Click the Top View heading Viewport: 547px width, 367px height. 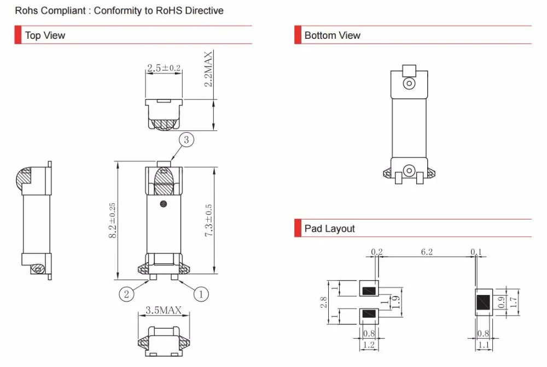pyautogui.click(x=45, y=35)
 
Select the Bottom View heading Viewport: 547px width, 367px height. pyautogui.click(x=332, y=35)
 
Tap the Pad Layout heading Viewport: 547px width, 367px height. pyautogui.click(x=329, y=228)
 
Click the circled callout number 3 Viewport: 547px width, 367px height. pyautogui.click(x=187, y=140)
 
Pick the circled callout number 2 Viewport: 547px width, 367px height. pyautogui.click(x=126, y=294)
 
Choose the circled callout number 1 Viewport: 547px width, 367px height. pyautogui.click(x=201, y=294)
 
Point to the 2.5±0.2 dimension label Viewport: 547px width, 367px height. pyautogui.click(x=164, y=68)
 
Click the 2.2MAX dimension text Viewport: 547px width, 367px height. pyautogui.click(x=208, y=69)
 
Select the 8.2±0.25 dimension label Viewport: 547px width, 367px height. pyautogui.click(x=112, y=221)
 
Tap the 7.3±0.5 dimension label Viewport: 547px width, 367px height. pyautogui.click(x=208, y=221)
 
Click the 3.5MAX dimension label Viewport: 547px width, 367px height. pyautogui.click(x=164, y=310)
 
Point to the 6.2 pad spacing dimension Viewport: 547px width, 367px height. pyautogui.click(x=427, y=252)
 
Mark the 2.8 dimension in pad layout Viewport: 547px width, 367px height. pyautogui.click(x=323, y=302)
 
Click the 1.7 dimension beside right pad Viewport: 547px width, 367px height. pyautogui.click(x=514, y=302)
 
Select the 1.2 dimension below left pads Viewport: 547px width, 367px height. pyautogui.click(x=369, y=345)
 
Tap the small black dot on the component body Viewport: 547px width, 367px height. pyautogui.click(x=163, y=204)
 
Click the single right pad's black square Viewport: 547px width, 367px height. pyautogui.click(x=484, y=302)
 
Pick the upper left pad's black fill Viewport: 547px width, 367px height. pyautogui.click(x=369, y=291)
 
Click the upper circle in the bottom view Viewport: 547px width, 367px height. pyautogui.click(x=409, y=84)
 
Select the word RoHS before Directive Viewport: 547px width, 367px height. pyautogui.click(x=169, y=10)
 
